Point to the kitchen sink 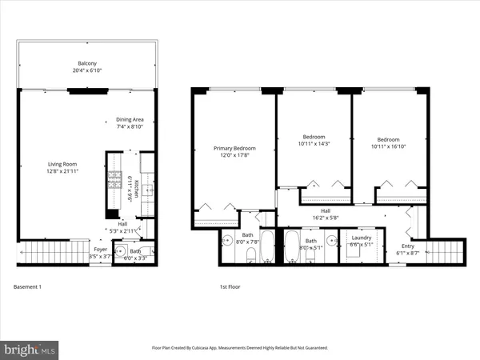point(147,192)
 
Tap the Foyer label point(100,249)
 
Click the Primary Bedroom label point(234,149)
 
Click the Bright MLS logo point(30,349)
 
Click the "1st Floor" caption point(230,286)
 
